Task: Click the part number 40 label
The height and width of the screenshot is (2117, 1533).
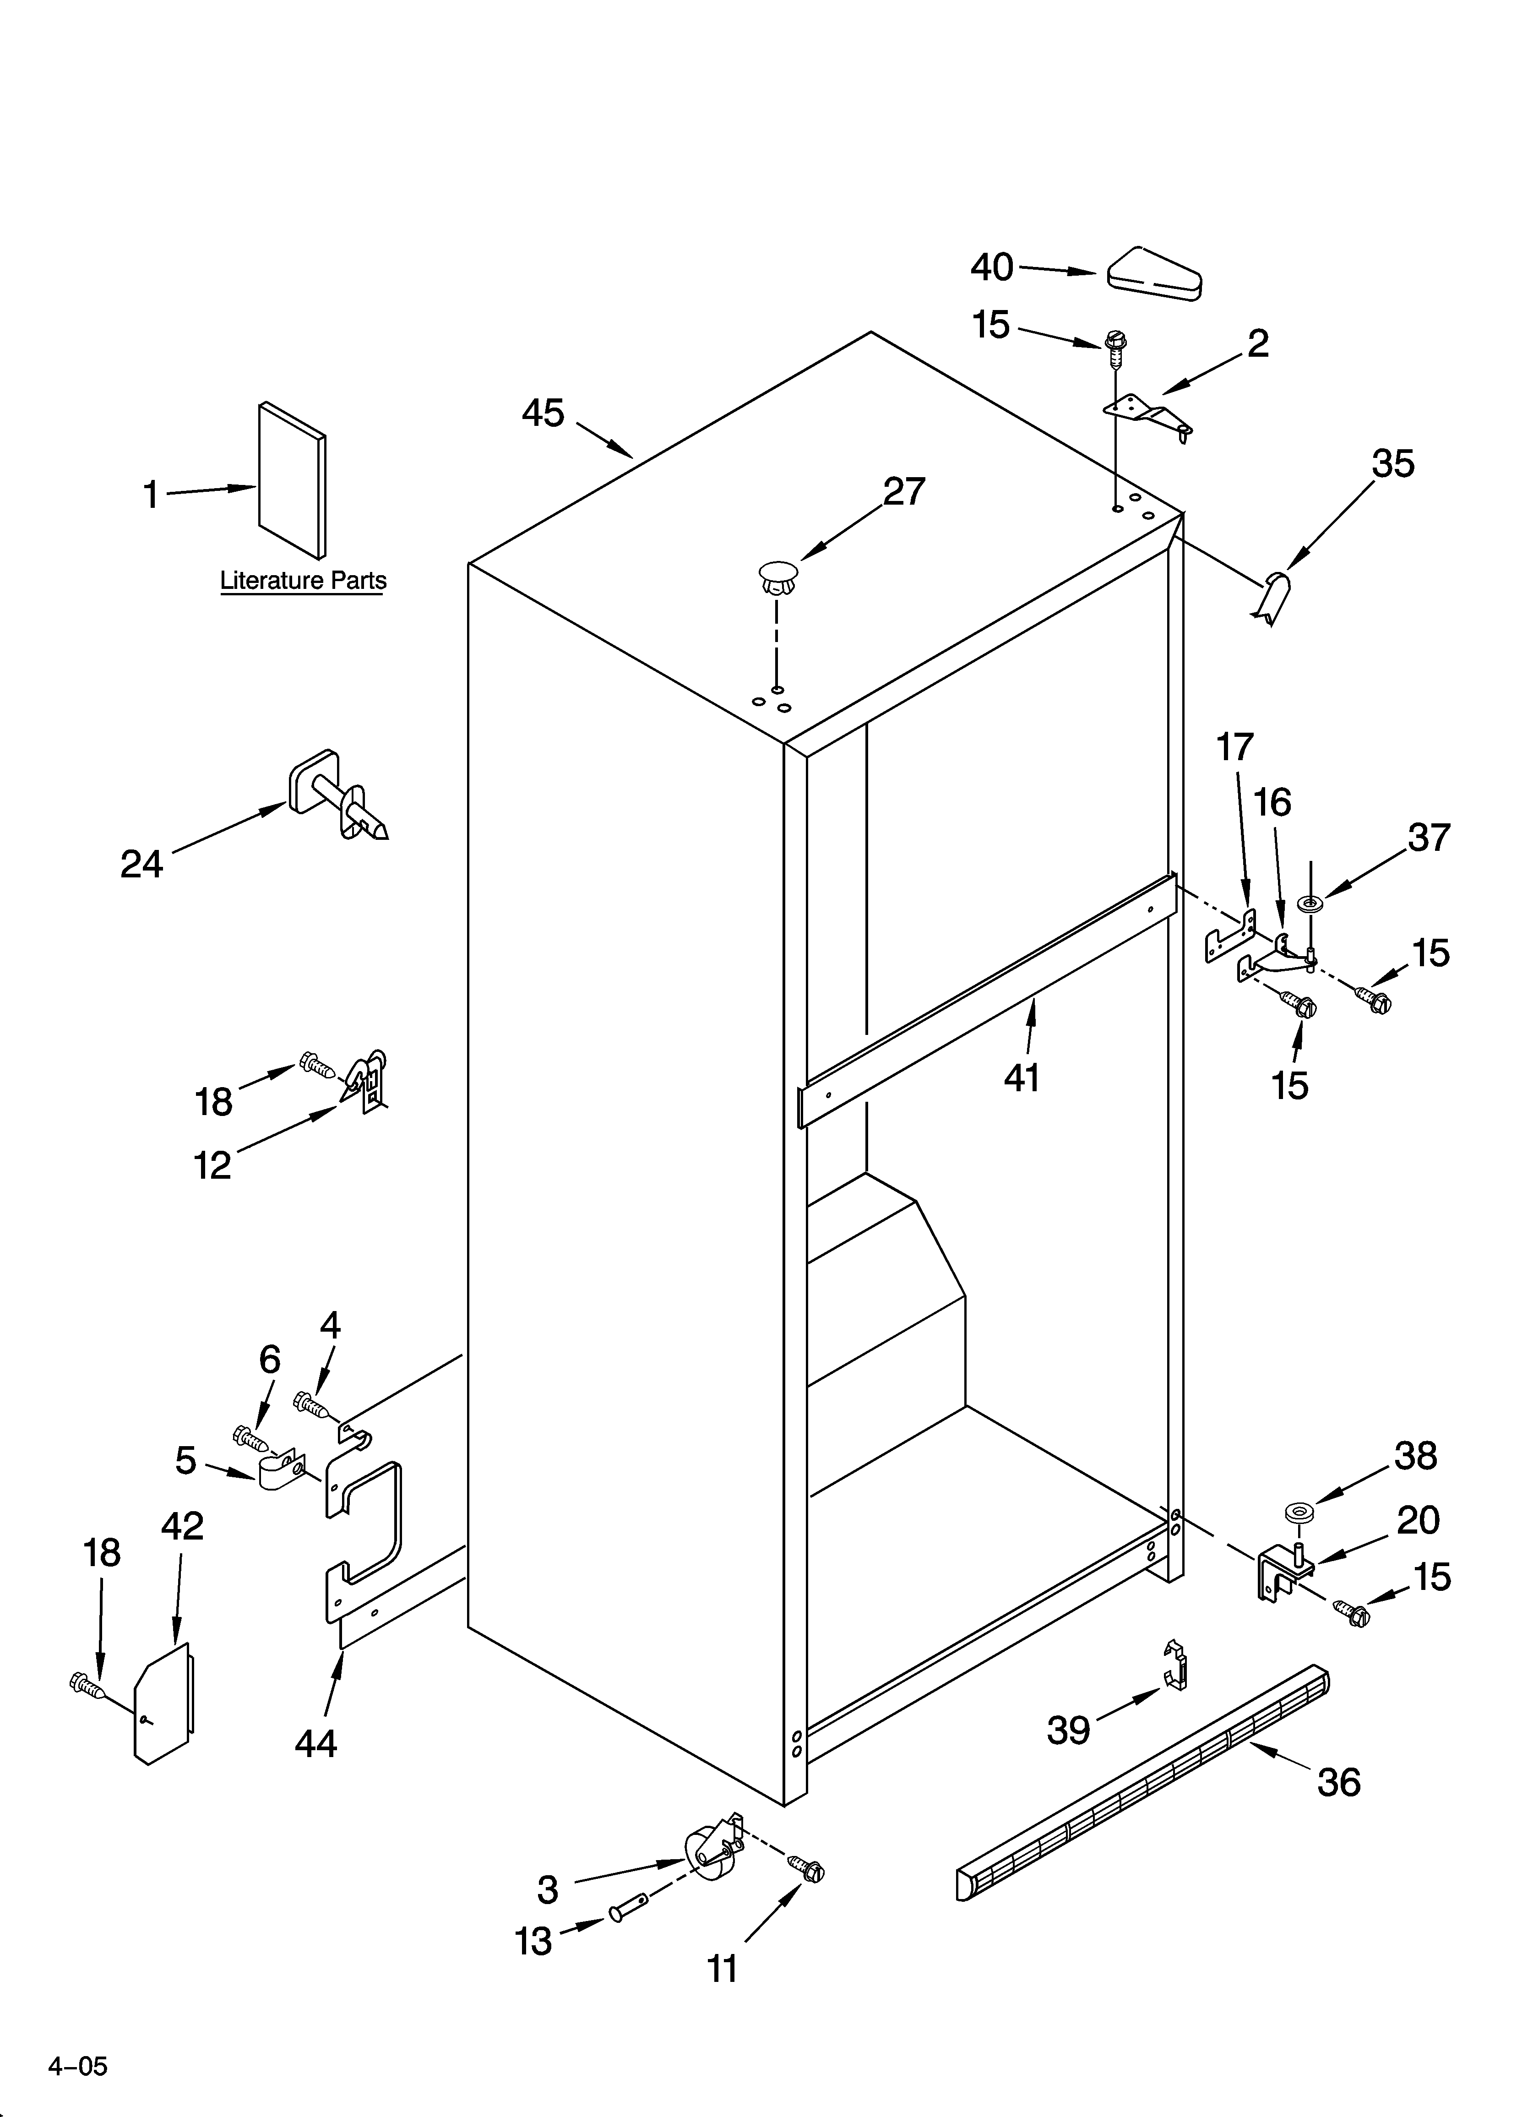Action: click(991, 268)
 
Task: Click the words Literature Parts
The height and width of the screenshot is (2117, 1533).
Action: click(303, 581)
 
